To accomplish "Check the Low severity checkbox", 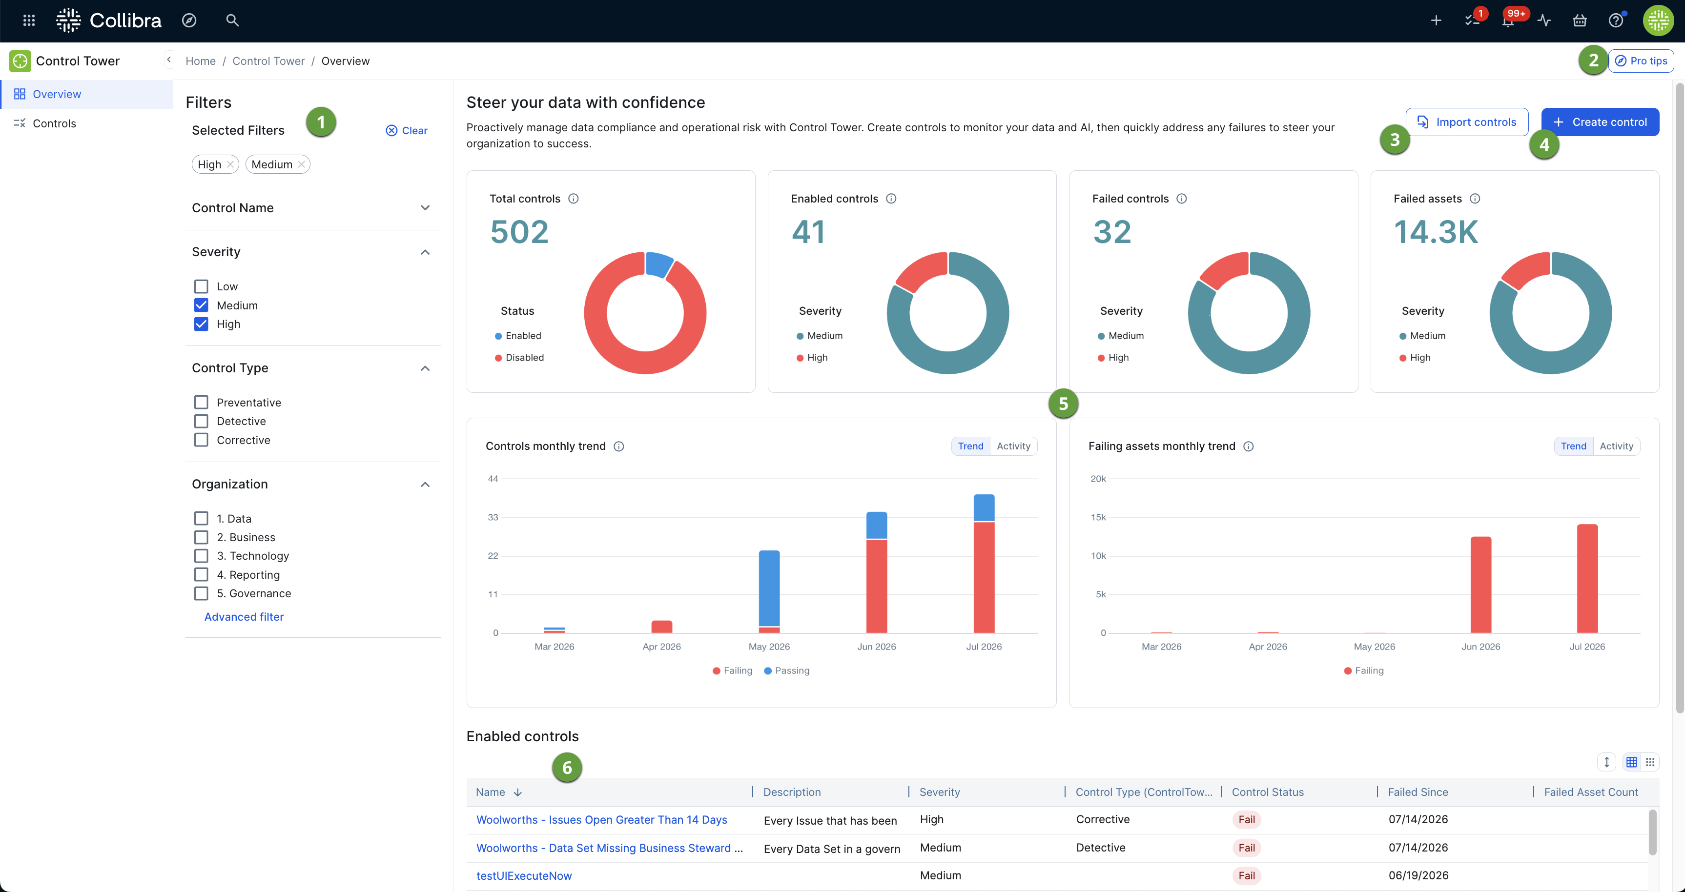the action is point(201,286).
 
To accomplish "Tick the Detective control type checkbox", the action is point(201,421).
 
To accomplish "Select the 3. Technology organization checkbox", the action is point(201,556).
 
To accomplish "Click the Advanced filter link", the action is point(244,617).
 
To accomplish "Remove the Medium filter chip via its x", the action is point(302,165).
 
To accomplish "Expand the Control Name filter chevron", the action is point(425,208).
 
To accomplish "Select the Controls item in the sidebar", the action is point(54,123).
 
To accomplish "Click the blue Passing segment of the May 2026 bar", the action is point(769,588).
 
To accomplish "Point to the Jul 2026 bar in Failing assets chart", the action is point(1587,579).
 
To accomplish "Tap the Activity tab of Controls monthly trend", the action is point(1013,446).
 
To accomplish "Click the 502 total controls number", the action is point(519,232).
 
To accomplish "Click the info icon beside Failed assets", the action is point(1475,199).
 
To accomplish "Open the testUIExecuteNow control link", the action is point(524,875).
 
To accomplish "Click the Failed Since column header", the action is point(1418,792).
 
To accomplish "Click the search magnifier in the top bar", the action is point(232,21).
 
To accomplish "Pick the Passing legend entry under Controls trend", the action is point(787,670).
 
